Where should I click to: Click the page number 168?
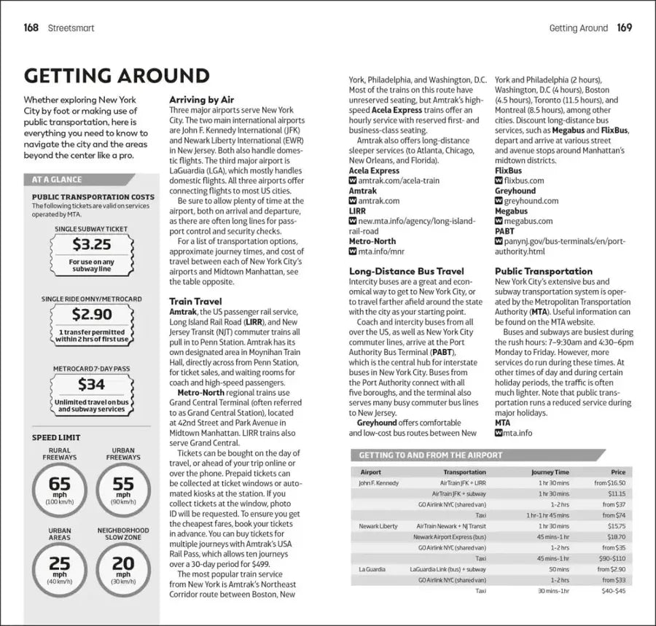(31, 28)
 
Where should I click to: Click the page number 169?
(624, 28)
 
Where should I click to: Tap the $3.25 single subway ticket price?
(92, 245)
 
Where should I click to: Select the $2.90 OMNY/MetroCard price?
(92, 314)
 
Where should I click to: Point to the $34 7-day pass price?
(92, 383)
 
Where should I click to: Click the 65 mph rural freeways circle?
(60, 487)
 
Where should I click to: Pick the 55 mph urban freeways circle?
(122, 487)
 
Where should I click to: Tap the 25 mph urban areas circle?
(60, 567)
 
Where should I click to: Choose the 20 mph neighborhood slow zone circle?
(122, 567)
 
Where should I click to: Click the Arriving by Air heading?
(201, 99)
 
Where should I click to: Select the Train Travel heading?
(195, 300)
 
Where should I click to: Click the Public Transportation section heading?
(543, 271)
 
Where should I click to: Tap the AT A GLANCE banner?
(57, 179)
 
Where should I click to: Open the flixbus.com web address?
(524, 180)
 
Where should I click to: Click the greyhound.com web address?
(531, 200)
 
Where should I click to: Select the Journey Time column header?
(550, 472)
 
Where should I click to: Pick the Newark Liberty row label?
(379, 525)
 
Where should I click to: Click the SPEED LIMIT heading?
(56, 437)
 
